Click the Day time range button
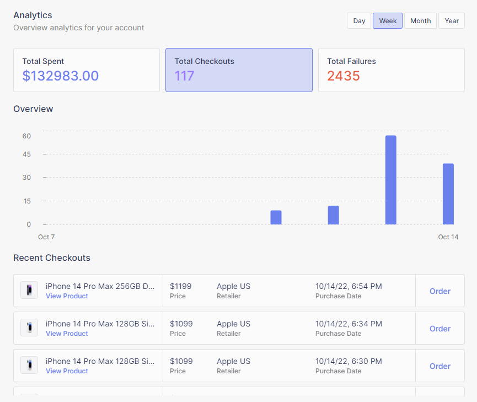tap(359, 21)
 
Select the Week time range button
tap(388, 21)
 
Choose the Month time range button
tap(420, 21)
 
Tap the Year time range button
tap(452, 21)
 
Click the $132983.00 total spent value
tap(61, 76)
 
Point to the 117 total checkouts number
tap(185, 76)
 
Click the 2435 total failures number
tap(344, 76)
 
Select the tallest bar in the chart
tap(390, 180)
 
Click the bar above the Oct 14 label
tap(448, 194)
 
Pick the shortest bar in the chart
tap(276, 217)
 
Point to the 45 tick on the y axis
tap(26, 154)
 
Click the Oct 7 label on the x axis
tap(46, 237)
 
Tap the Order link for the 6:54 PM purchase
tap(440, 291)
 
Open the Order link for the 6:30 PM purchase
tap(440, 366)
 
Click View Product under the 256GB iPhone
tap(67, 296)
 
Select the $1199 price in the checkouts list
tap(181, 286)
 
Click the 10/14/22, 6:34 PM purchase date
tap(349, 324)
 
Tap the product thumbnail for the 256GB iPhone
tap(29, 290)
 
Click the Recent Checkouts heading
tap(52, 258)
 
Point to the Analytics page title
tap(33, 15)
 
